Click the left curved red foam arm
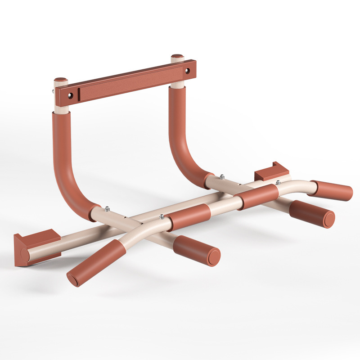[67, 166]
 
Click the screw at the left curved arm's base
[107, 208]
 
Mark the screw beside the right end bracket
[278, 182]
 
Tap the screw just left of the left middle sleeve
[161, 217]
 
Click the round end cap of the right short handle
[328, 219]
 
